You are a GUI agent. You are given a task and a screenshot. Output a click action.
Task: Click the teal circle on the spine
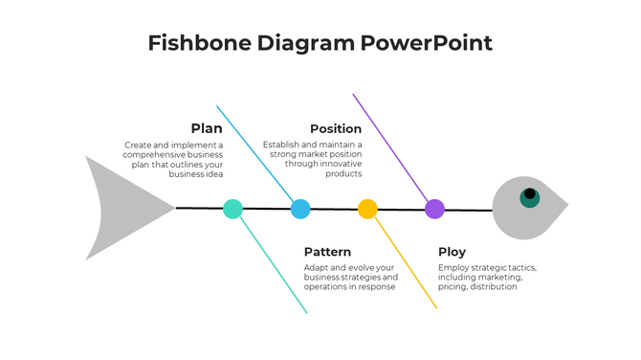232,209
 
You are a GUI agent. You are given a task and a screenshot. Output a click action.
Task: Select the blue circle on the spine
300,209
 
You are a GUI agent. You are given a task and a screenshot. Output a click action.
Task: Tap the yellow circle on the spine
367,209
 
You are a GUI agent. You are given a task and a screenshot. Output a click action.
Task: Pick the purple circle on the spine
434,209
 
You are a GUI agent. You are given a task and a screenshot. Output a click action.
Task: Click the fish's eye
529,196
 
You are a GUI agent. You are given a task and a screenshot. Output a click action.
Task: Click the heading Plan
207,128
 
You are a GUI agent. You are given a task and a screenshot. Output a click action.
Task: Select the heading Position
336,128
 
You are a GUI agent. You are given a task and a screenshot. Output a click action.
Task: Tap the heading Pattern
327,252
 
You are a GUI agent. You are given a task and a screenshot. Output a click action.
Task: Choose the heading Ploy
452,252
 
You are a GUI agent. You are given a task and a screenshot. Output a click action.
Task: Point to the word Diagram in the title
306,43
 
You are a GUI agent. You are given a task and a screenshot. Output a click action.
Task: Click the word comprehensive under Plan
159,154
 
